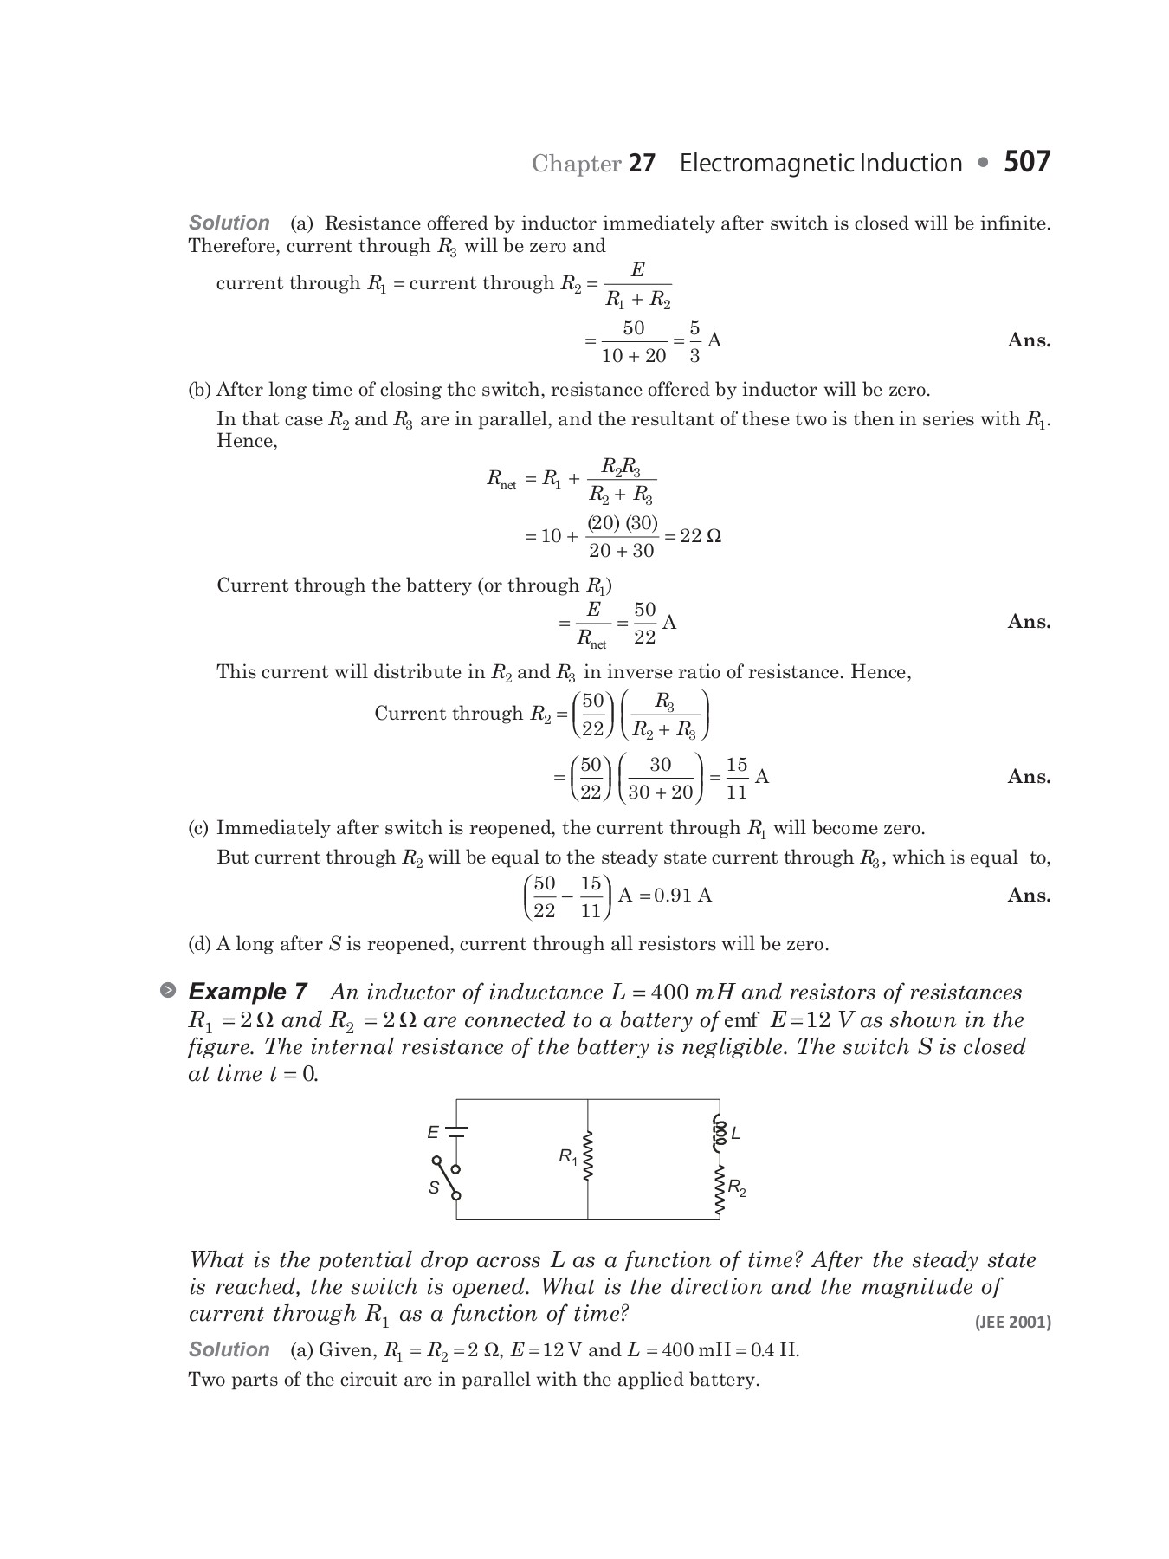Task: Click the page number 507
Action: click(1027, 162)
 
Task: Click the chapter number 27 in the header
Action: click(642, 164)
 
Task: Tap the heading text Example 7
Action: click(248, 992)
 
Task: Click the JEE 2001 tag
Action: click(1012, 1322)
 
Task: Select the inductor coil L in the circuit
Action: click(718, 1132)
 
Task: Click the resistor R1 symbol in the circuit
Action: click(589, 1156)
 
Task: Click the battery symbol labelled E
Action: click(456, 1131)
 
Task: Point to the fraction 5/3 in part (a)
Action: click(694, 341)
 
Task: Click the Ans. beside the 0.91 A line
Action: click(1029, 896)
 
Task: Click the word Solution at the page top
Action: click(229, 223)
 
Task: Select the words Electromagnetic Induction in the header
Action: click(820, 164)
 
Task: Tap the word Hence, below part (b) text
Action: click(247, 441)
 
